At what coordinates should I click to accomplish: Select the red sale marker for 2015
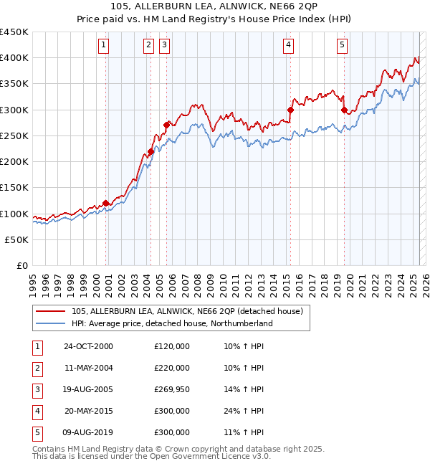pos(291,110)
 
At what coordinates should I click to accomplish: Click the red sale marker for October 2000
pos(106,203)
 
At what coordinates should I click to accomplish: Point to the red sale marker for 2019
pos(344,110)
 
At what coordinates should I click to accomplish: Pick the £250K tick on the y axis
pos(14,135)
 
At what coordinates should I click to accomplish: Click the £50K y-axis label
pos(17,239)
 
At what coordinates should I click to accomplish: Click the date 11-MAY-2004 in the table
pos(88,368)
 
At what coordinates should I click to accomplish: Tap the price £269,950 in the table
pos(172,389)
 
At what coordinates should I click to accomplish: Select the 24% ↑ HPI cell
pos(244,411)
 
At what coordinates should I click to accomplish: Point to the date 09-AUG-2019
pos(88,432)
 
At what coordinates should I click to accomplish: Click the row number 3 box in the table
pos(37,389)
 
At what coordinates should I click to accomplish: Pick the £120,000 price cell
pos(172,346)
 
